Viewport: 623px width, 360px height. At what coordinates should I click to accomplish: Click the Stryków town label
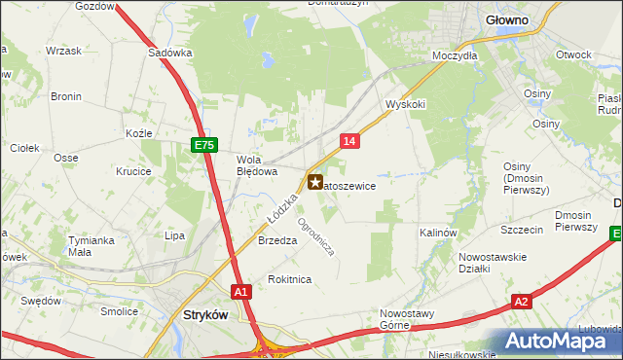point(204,314)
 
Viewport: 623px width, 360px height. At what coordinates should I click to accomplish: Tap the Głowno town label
point(506,18)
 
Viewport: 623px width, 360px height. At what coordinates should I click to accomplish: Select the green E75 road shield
point(202,145)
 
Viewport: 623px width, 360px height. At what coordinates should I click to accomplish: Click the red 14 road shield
point(350,142)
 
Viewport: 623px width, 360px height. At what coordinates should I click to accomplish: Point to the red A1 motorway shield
point(241,290)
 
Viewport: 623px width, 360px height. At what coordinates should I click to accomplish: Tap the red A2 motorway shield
point(522,302)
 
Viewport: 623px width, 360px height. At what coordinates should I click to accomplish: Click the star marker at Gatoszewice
point(315,181)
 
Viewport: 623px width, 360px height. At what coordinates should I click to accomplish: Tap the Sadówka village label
point(168,54)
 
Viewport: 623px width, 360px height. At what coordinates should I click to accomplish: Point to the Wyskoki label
point(406,103)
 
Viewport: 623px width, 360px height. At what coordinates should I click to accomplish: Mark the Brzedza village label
point(276,240)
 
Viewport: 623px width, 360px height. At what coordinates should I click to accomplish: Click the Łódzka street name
point(280,208)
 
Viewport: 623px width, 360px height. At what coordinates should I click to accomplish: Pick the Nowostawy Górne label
point(408,320)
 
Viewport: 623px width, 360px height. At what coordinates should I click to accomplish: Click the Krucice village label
point(132,171)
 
